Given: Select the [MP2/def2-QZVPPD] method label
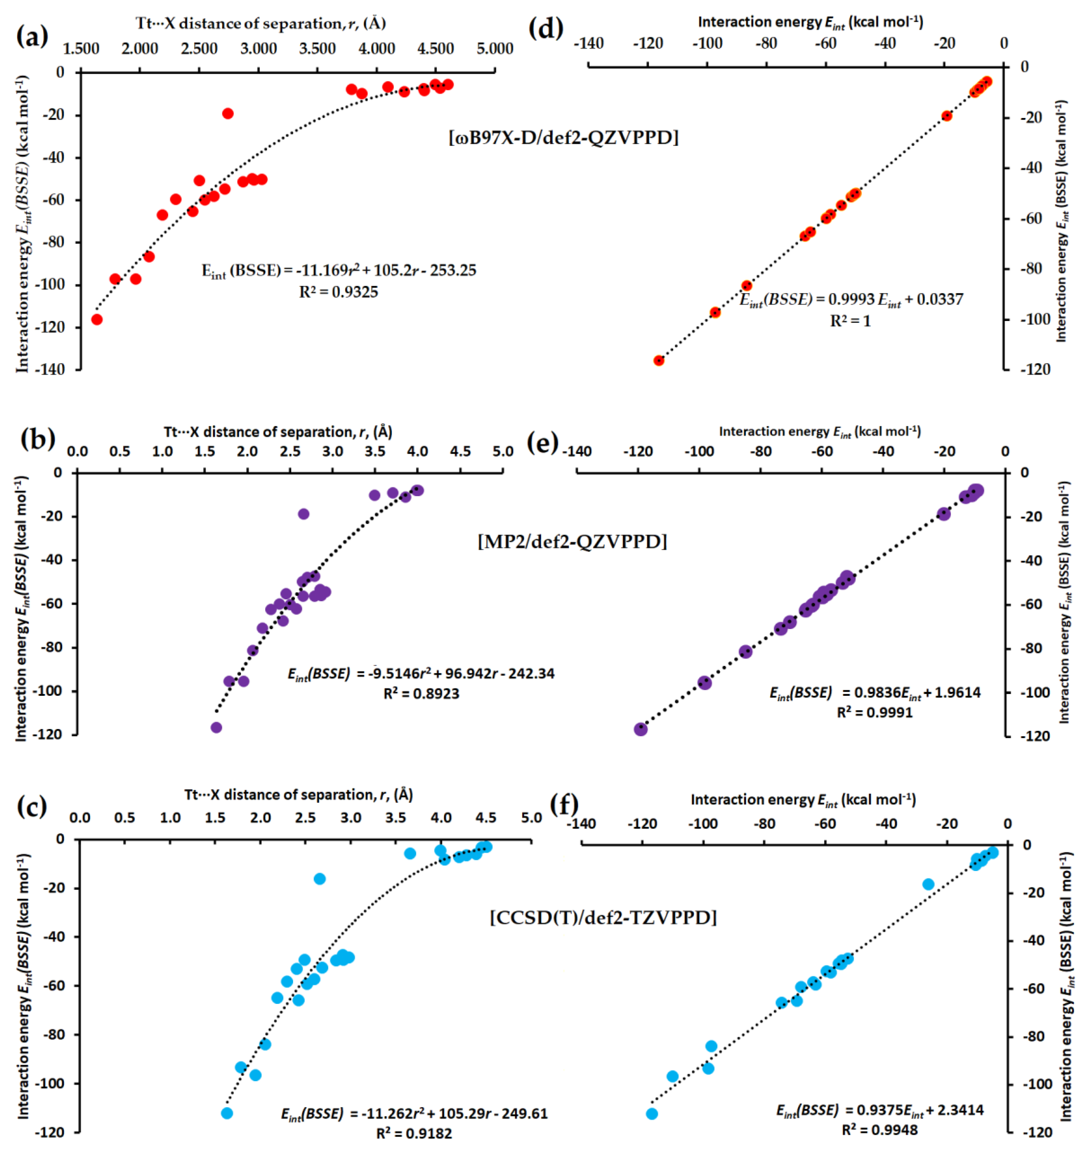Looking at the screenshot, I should tap(572, 541).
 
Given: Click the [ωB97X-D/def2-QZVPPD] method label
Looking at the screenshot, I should tap(563, 137).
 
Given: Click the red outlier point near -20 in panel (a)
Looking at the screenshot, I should tap(227, 113).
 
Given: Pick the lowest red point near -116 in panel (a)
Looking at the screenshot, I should tap(97, 320).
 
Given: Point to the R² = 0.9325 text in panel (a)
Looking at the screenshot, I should tap(338, 292).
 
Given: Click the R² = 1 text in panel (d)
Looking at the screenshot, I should tap(850, 321).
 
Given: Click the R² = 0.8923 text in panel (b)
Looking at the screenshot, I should tap(421, 694).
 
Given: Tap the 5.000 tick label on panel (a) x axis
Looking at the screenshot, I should tap(495, 49).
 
